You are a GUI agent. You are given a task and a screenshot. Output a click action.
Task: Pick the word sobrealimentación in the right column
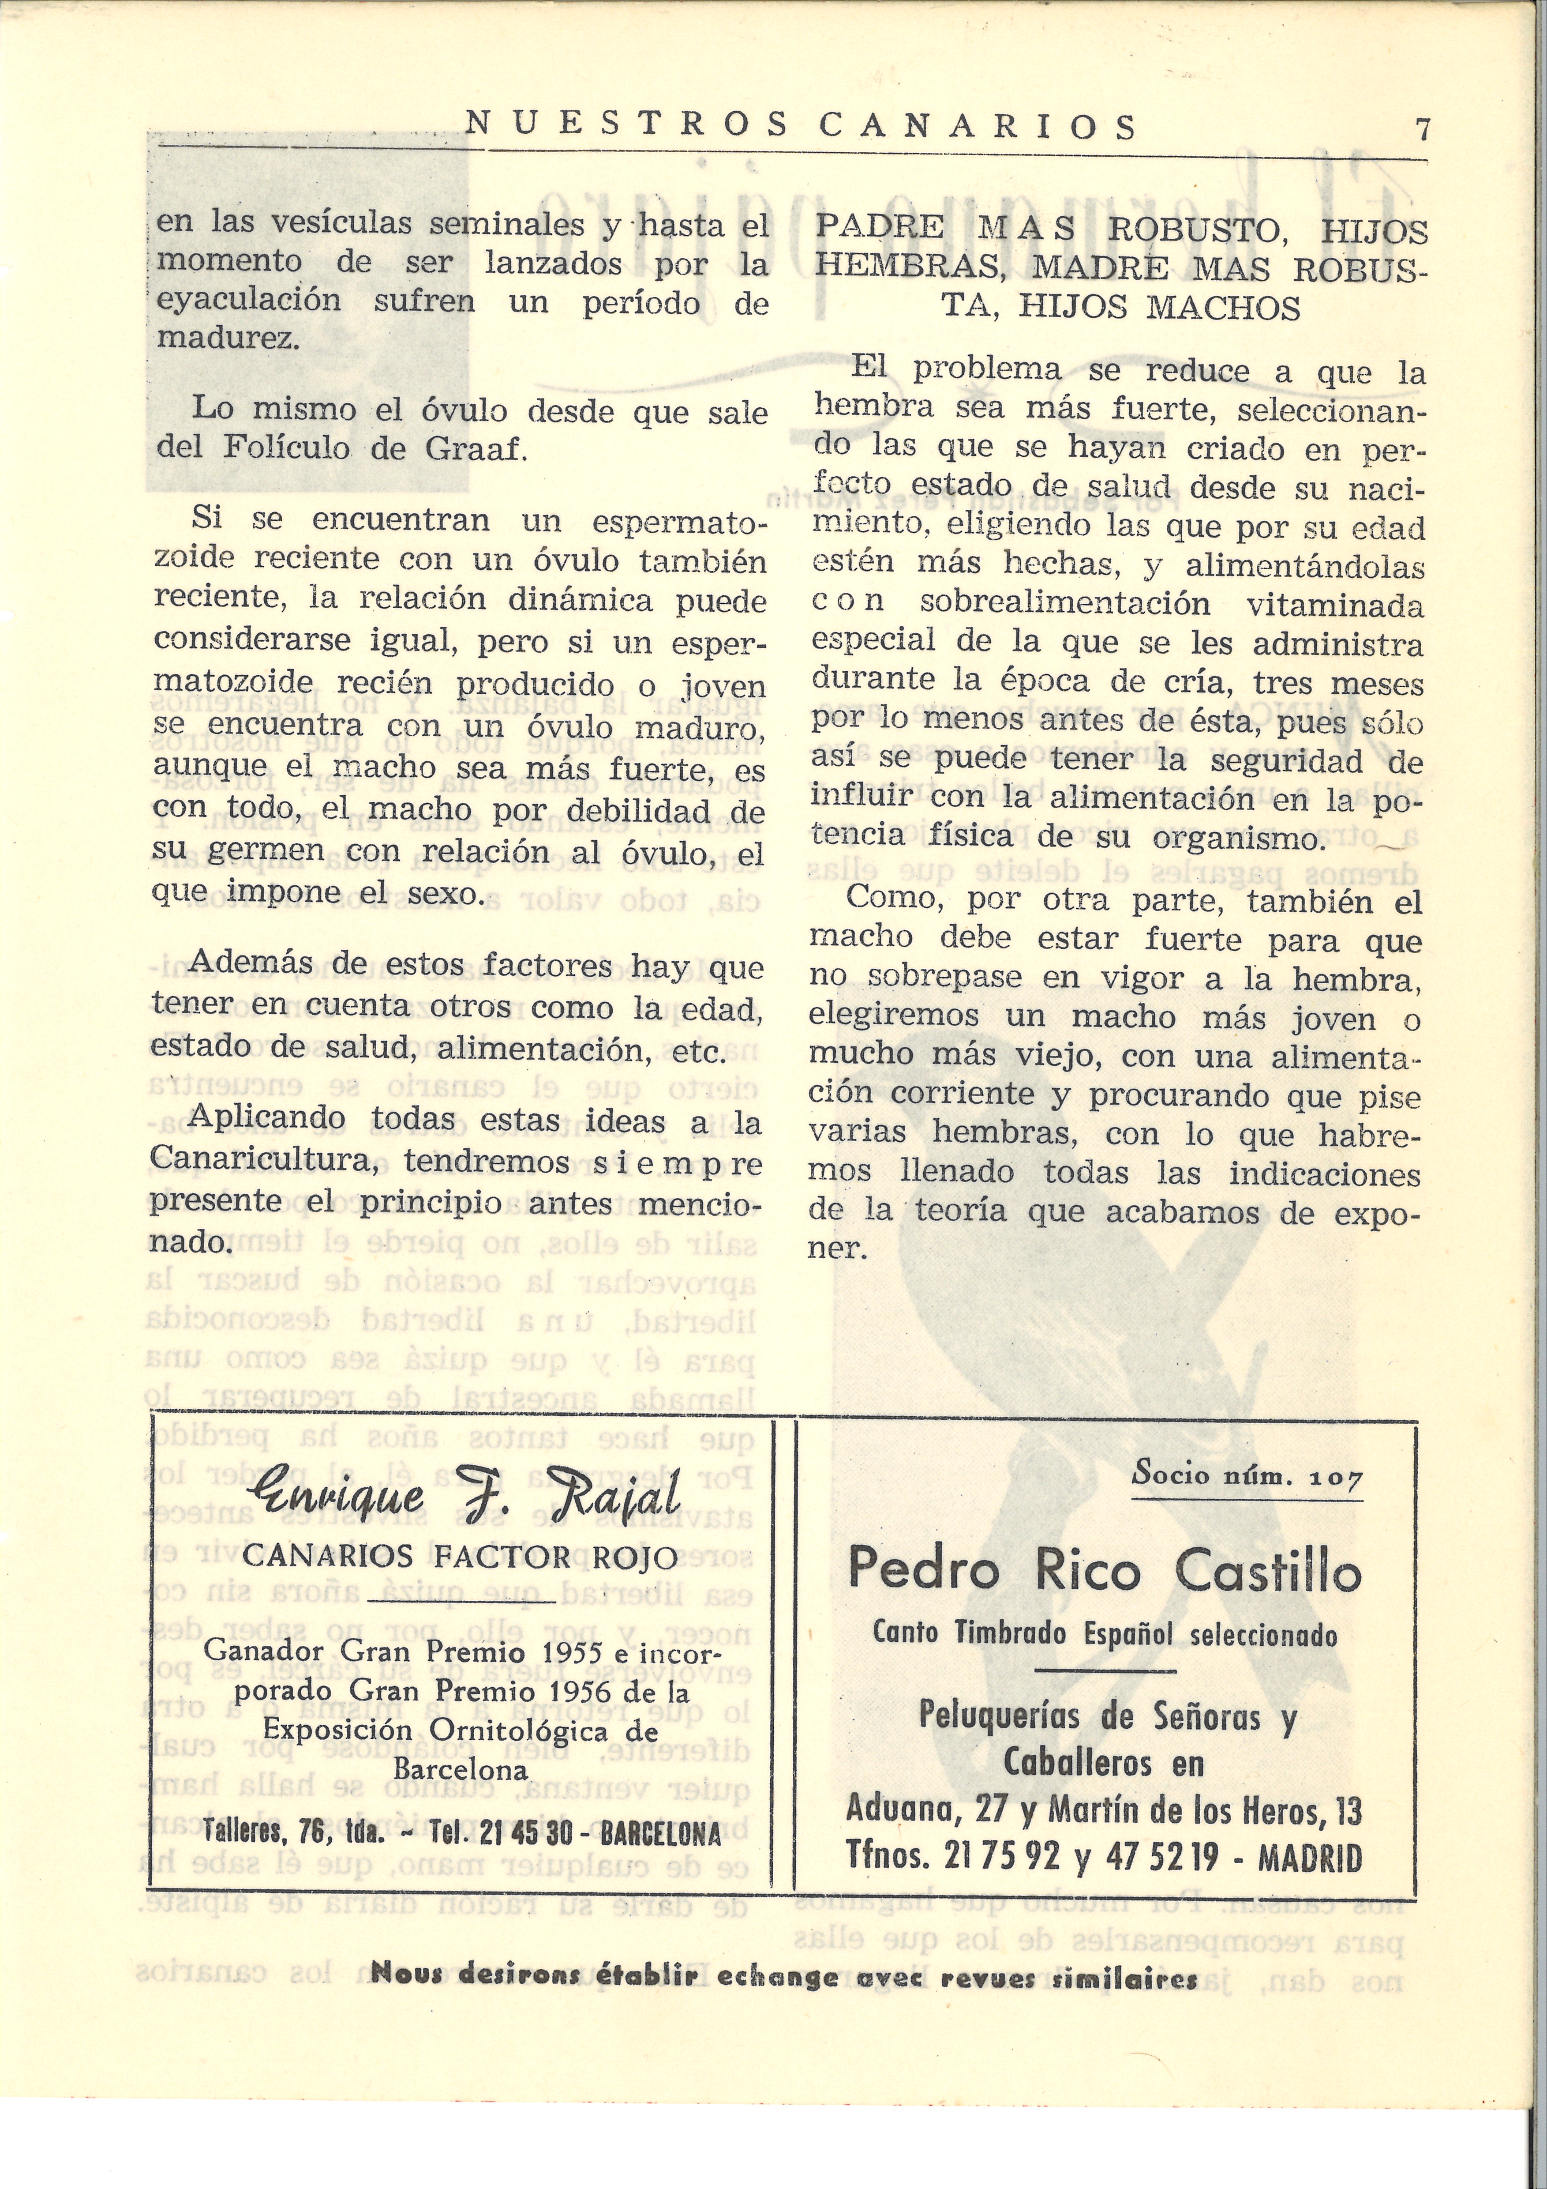coord(1065,605)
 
